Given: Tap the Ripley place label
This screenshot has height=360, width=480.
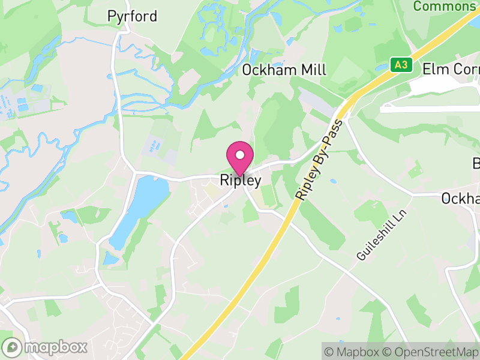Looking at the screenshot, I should [241, 179].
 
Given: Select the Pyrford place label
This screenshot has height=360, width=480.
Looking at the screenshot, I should [132, 16].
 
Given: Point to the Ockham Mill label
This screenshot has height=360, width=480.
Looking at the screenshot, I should [284, 70].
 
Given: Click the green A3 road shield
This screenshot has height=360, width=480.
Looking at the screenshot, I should [401, 65].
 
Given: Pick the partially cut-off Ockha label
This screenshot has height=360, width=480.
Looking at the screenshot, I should [460, 198].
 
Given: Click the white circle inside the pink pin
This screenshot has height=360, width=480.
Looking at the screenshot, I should [240, 155].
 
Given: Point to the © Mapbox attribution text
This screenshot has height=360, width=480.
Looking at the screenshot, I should [353, 351].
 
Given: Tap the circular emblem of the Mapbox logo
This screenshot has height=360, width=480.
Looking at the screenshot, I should [13, 347].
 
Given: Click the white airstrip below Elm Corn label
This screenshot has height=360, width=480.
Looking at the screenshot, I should [429, 108].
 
